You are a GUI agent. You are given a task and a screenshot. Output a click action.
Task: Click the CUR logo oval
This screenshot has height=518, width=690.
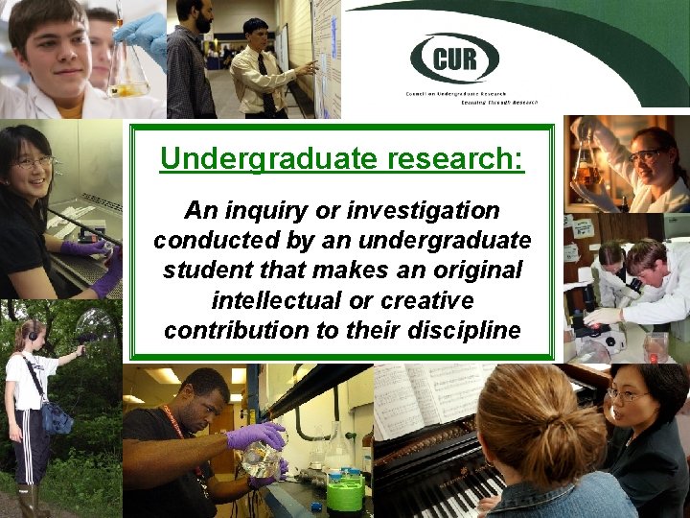coord(454,58)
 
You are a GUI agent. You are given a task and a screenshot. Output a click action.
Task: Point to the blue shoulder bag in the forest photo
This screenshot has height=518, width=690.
coord(57,417)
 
